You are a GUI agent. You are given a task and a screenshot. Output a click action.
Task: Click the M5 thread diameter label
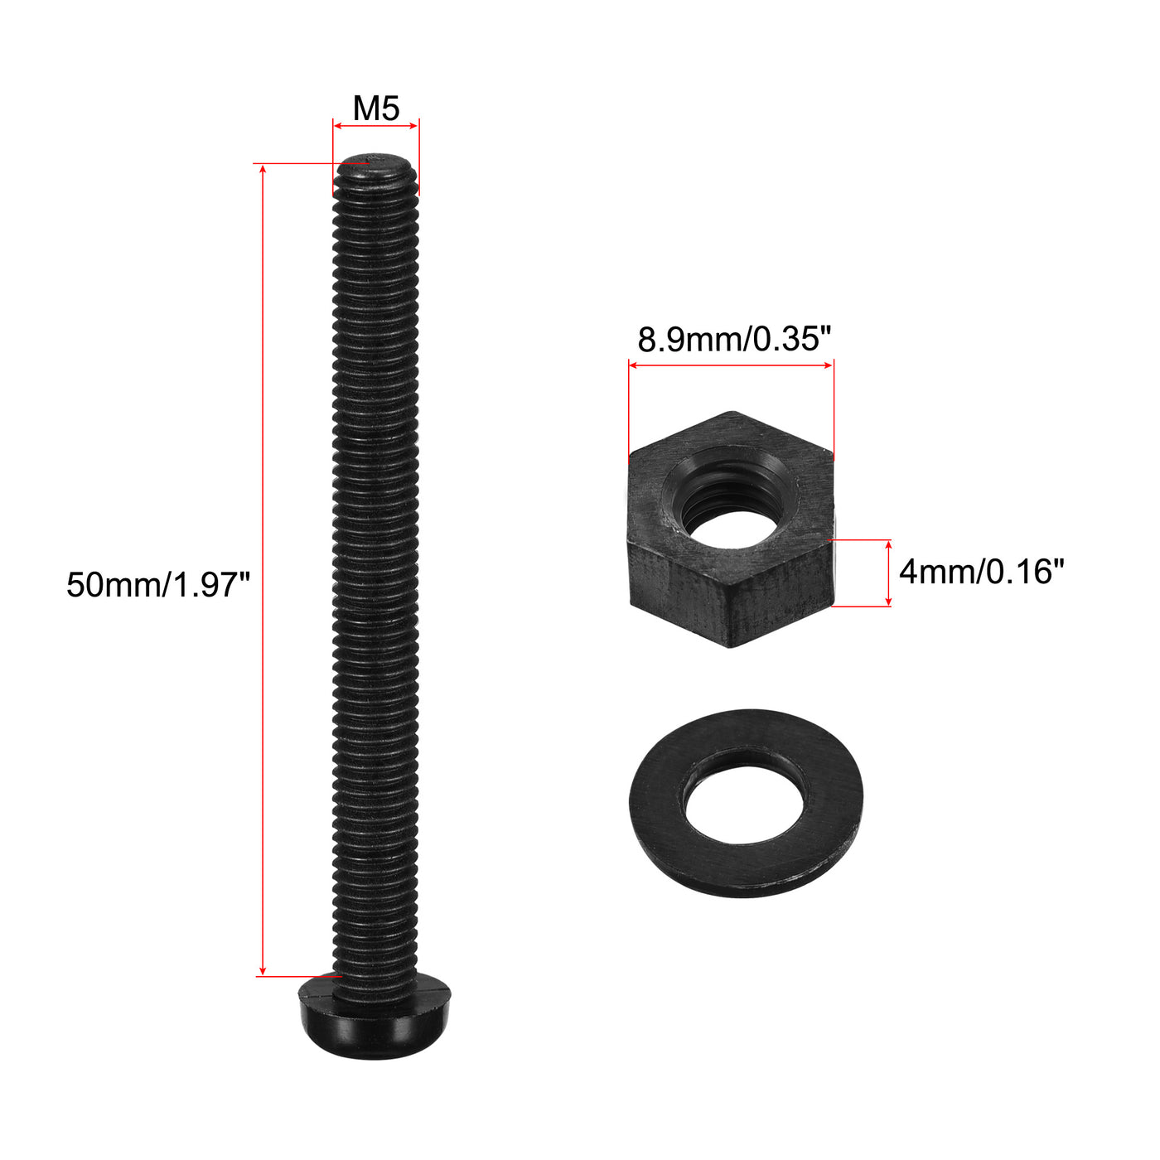click(376, 109)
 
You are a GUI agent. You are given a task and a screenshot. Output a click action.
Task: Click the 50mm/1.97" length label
click(158, 585)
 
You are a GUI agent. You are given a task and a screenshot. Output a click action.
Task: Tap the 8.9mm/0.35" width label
click(733, 339)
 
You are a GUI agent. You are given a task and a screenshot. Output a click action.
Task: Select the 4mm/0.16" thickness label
click(981, 572)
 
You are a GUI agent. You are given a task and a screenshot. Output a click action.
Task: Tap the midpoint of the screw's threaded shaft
click(375, 572)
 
